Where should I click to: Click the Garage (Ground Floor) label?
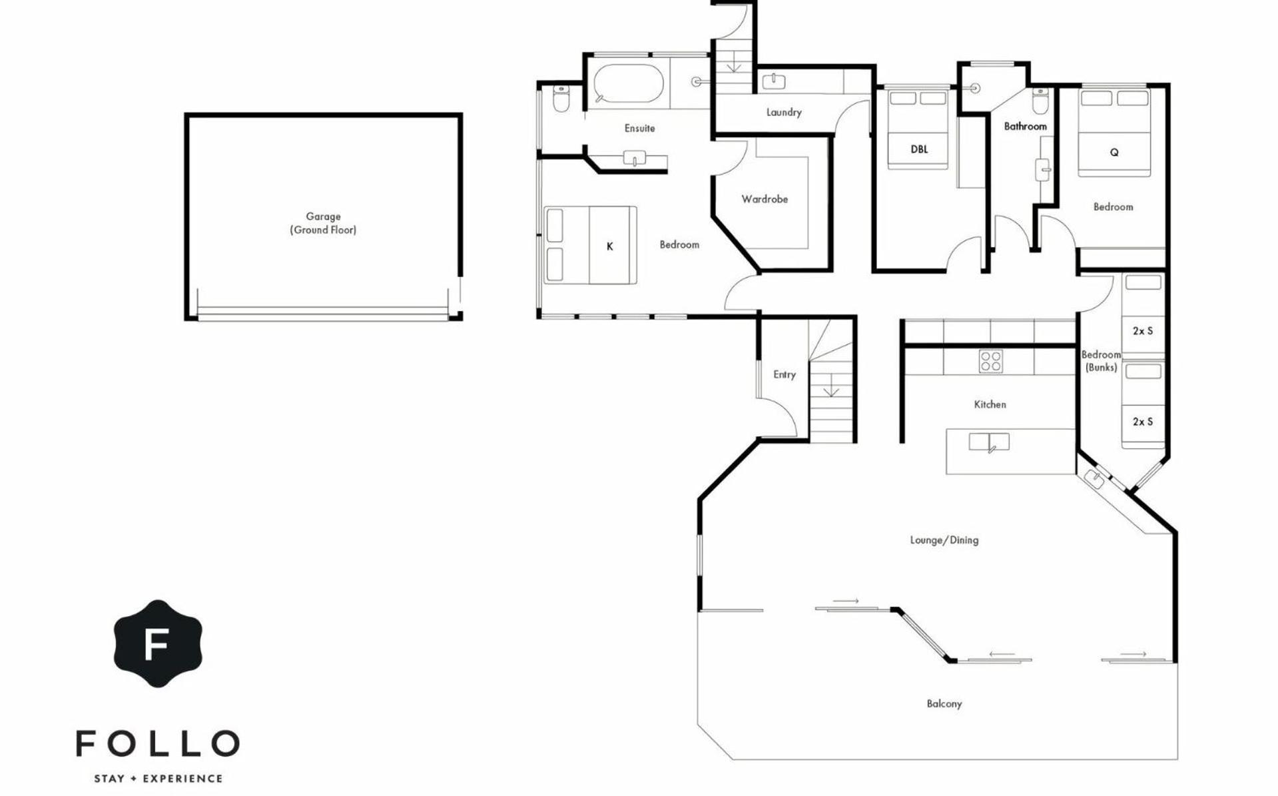323,223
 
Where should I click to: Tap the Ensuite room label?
639,128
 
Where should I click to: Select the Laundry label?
784,113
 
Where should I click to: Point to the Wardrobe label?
765,199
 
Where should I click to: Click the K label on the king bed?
609,246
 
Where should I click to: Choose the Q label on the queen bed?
1114,153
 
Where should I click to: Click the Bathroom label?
1025,126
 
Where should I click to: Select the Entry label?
785,374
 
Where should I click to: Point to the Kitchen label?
990,404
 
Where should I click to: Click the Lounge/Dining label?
944,540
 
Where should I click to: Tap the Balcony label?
944,703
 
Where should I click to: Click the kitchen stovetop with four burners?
990,361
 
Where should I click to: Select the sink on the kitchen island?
989,442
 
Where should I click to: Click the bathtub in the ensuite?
628,83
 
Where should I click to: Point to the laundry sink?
773,81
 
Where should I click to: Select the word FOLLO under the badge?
158,743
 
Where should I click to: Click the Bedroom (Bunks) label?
1101,361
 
